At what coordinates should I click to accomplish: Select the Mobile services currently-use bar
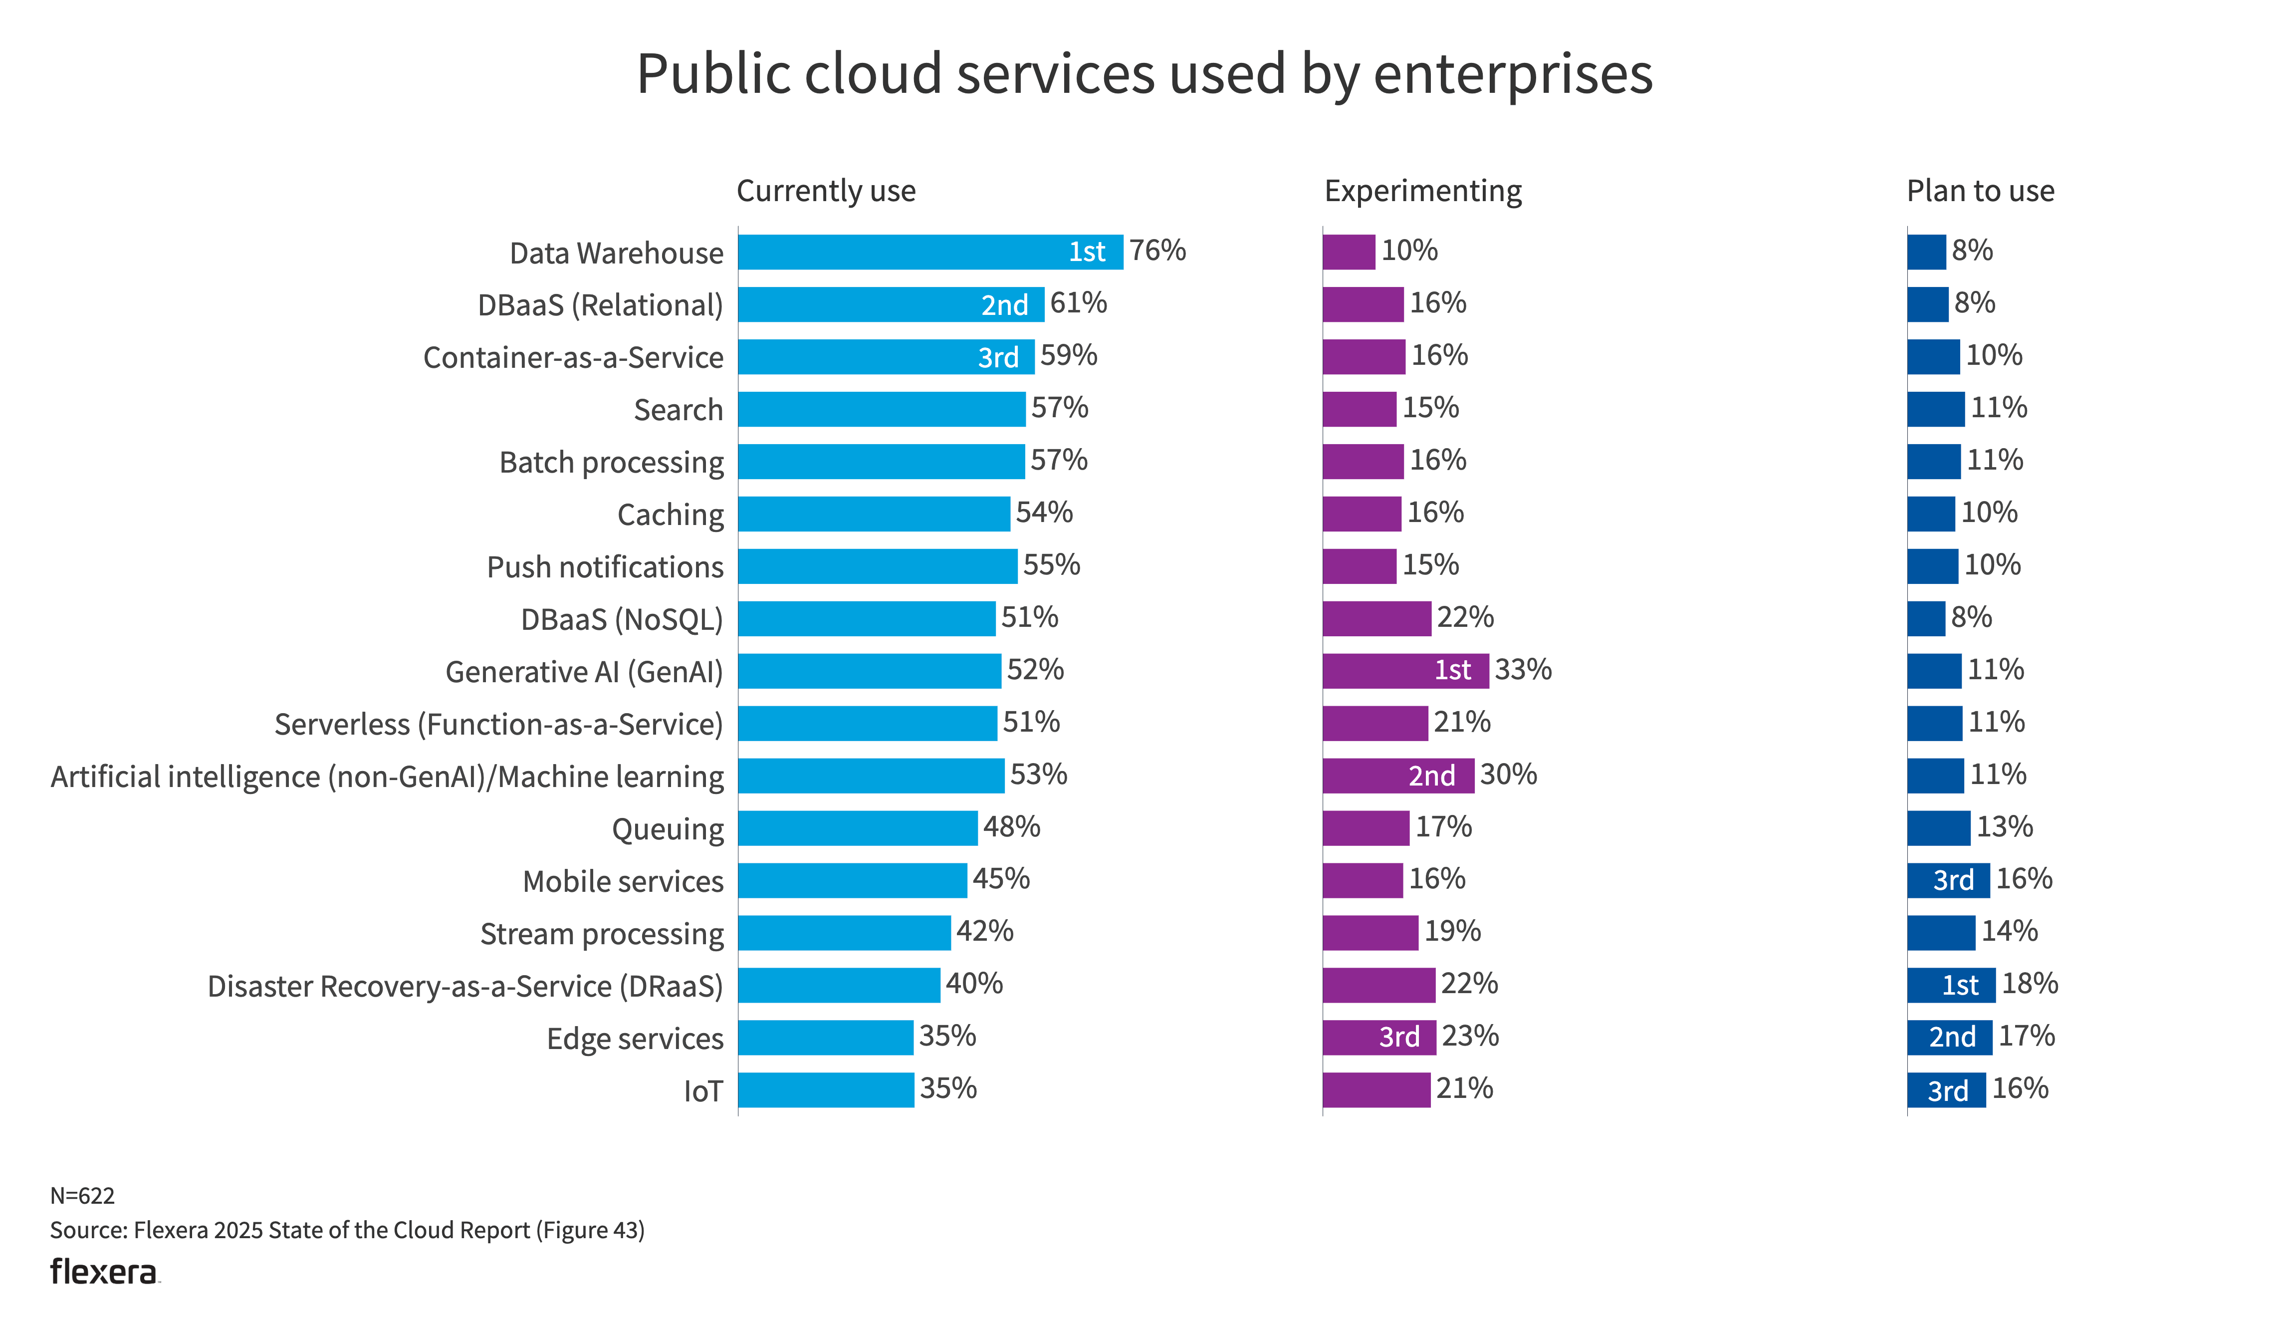(x=852, y=880)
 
